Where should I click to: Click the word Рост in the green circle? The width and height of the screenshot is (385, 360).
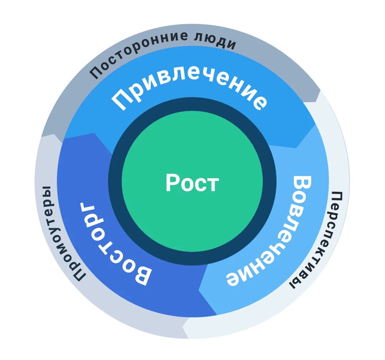click(x=192, y=183)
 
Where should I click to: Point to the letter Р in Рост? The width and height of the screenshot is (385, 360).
click(x=172, y=183)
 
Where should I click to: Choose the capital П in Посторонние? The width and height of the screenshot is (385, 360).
click(x=95, y=73)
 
